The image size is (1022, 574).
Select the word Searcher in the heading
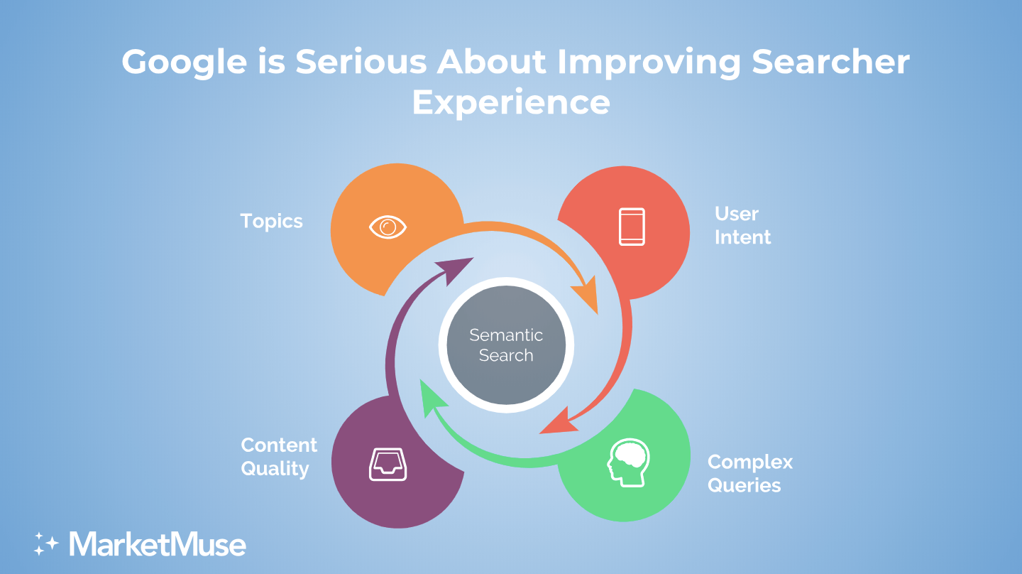[x=831, y=61]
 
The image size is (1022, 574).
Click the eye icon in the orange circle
[x=388, y=227]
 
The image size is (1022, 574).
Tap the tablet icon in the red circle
[x=632, y=227]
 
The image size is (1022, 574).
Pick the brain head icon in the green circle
[x=628, y=462]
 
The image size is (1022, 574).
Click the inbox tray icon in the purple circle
[x=388, y=465]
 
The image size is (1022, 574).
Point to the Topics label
[x=271, y=222]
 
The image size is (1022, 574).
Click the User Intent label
[x=743, y=226]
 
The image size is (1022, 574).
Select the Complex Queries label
[x=750, y=474]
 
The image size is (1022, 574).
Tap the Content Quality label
[x=279, y=457]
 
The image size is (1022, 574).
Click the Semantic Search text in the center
[x=506, y=345]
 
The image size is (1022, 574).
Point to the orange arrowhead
[x=587, y=295]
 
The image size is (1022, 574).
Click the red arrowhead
[x=559, y=423]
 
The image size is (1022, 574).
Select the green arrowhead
[x=432, y=396]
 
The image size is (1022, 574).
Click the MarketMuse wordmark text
[x=158, y=544]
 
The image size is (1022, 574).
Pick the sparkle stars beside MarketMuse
[x=46, y=544]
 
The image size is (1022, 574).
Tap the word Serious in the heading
[x=361, y=61]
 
